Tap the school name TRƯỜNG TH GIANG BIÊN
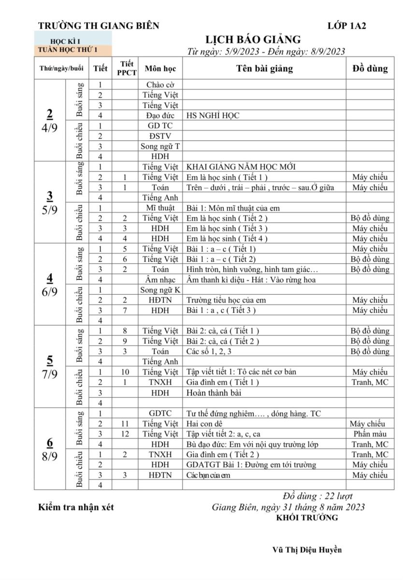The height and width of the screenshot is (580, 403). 99,26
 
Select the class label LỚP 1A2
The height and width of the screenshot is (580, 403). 346,26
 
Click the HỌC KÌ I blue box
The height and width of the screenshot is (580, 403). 72,42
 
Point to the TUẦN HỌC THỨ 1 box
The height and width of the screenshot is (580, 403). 72,49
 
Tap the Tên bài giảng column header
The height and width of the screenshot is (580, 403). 264,69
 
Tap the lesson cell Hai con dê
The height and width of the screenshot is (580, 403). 204,423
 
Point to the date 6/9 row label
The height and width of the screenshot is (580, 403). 49,292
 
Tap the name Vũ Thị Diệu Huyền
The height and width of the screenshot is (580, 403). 307,550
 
